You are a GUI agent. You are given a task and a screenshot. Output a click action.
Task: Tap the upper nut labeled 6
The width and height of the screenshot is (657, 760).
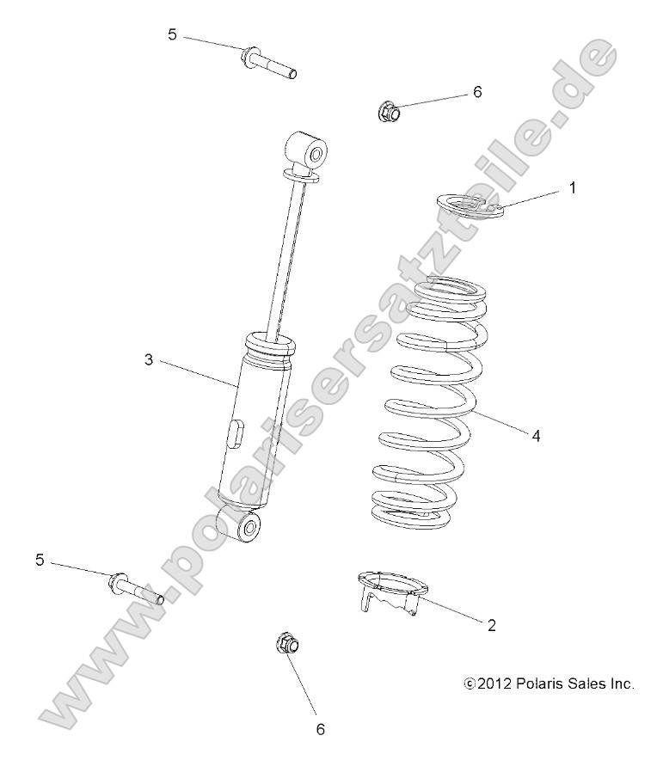click(387, 111)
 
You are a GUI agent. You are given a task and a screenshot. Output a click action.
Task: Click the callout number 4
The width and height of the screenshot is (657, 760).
click(536, 436)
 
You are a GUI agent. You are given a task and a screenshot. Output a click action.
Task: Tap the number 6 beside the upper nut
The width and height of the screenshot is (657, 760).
click(477, 92)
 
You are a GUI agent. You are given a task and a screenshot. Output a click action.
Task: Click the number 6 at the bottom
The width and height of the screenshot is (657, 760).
click(321, 728)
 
